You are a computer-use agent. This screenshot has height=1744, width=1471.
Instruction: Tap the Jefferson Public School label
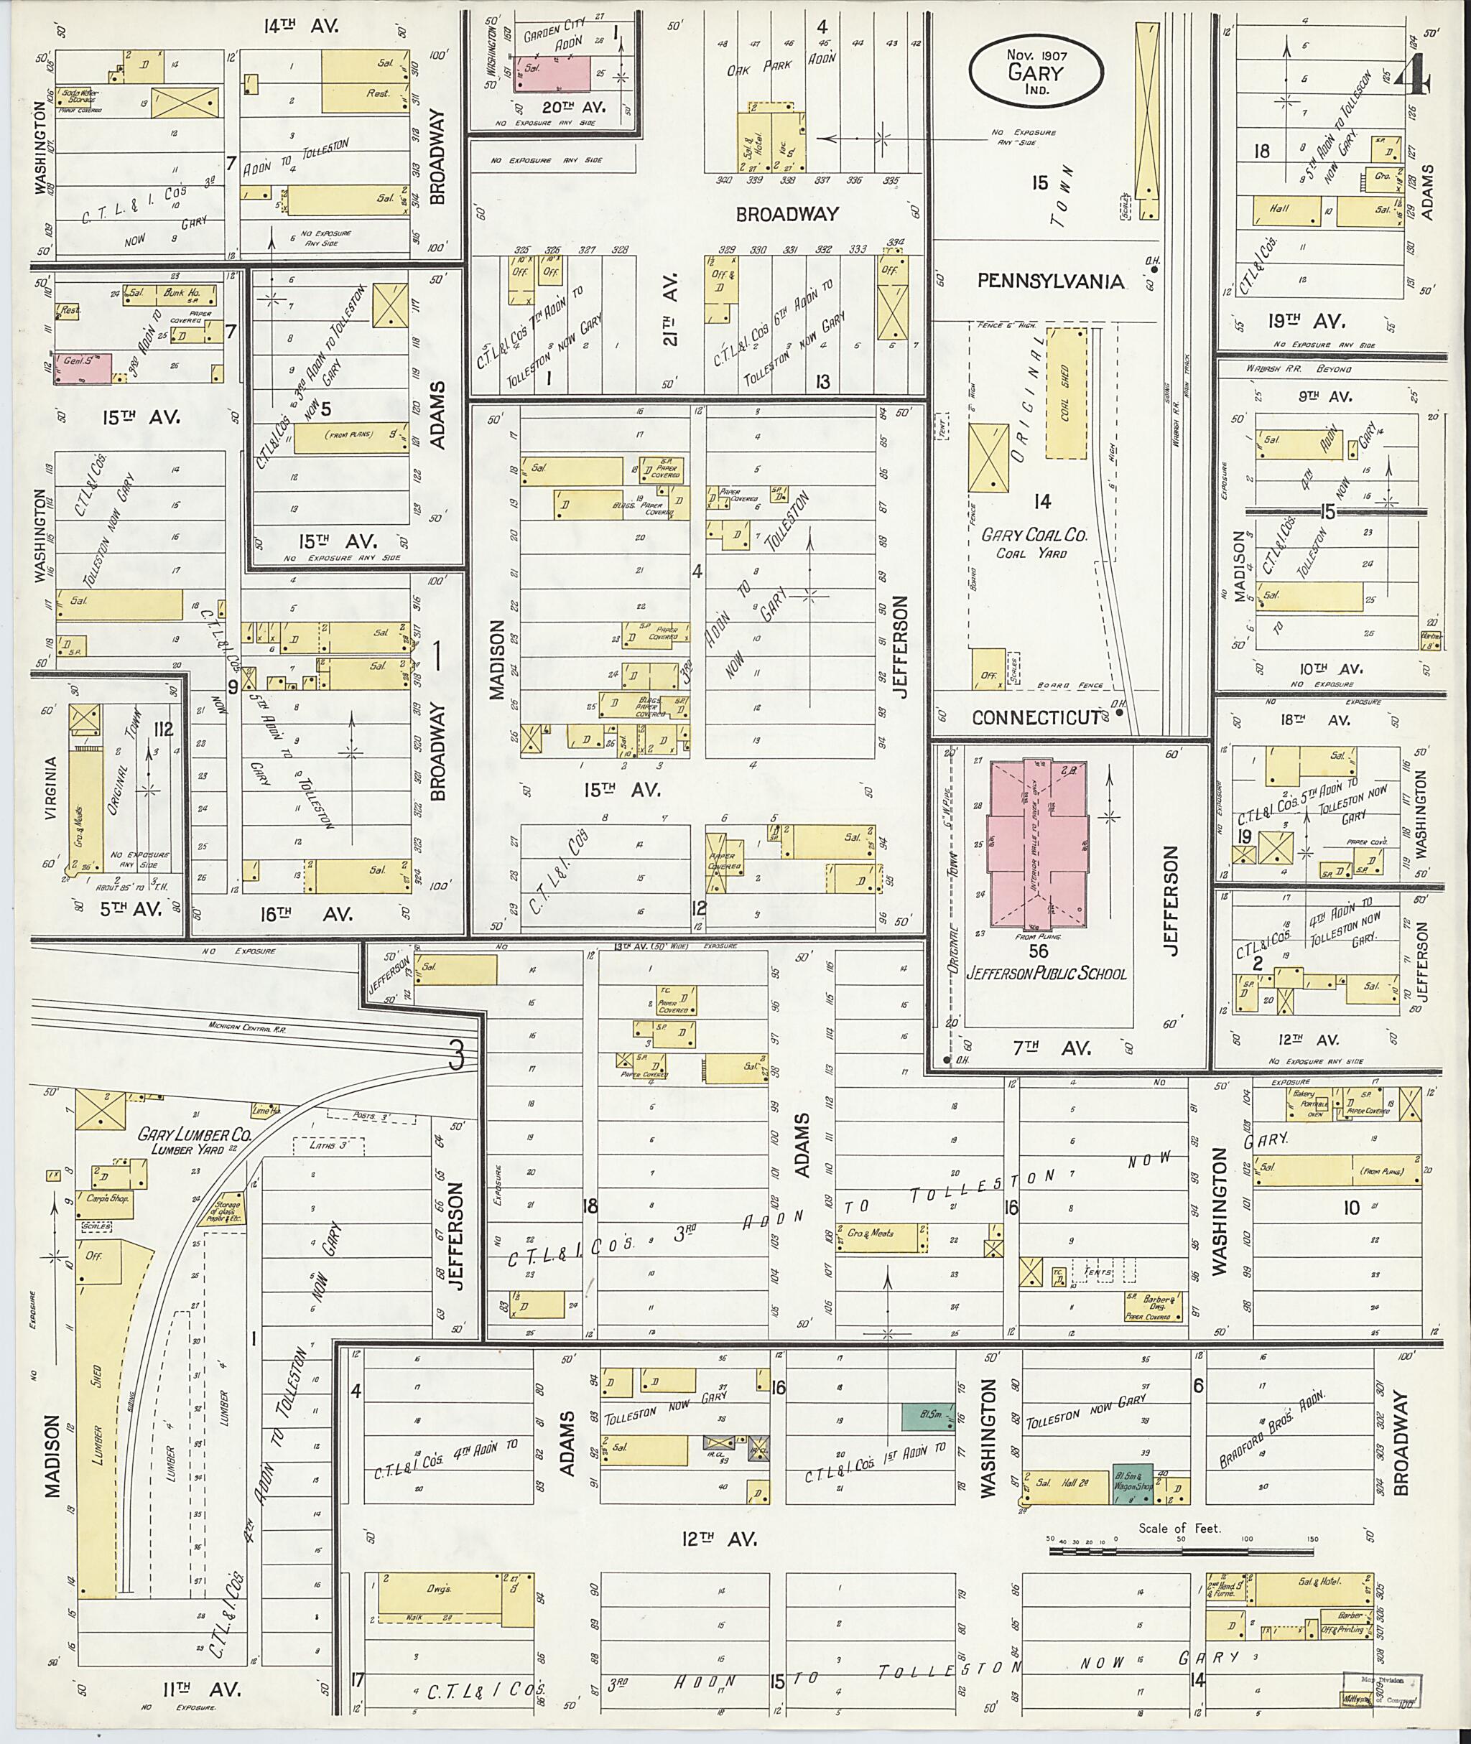click(x=1047, y=973)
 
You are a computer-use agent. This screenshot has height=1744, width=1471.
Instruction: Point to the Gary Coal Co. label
click(x=1034, y=535)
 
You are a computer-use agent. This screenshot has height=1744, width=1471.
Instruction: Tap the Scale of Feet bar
click(x=1179, y=1552)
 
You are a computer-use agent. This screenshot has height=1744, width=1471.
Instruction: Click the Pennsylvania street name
click(x=1051, y=281)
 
